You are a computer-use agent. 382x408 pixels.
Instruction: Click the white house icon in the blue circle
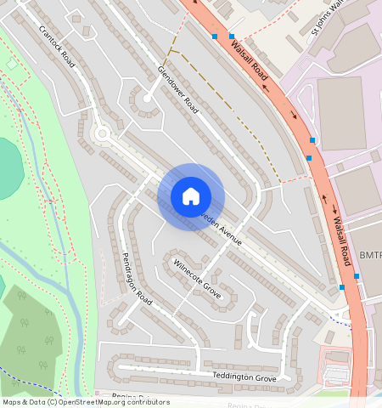click(191, 196)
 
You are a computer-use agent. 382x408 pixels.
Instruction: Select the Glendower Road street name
click(177, 90)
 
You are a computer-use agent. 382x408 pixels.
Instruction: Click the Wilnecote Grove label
click(197, 280)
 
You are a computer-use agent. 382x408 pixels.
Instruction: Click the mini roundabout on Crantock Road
click(102, 133)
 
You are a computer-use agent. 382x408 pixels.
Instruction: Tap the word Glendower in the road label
click(171, 82)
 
